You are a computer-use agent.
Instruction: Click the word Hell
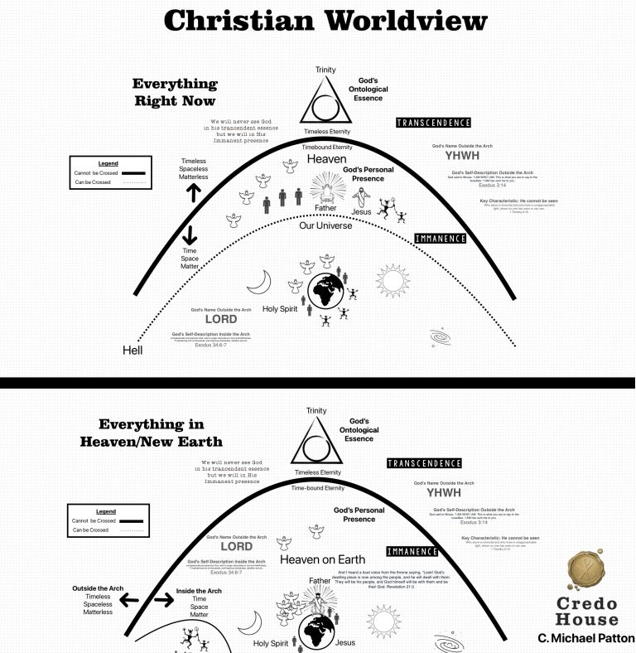pyautogui.click(x=132, y=351)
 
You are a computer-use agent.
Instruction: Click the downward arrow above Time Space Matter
pyautogui.click(x=190, y=234)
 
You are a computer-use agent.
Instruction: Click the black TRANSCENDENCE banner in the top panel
pyautogui.click(x=433, y=123)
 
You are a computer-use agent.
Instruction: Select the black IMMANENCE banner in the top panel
pyautogui.click(x=439, y=239)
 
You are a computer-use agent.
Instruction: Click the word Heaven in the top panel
pyautogui.click(x=326, y=158)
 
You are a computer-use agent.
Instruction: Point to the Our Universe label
pyautogui.click(x=326, y=225)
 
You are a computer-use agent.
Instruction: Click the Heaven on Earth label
pyautogui.click(x=323, y=559)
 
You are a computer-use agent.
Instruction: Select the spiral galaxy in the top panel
pyautogui.click(x=442, y=337)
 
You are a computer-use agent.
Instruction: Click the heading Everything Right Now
pyautogui.click(x=176, y=92)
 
